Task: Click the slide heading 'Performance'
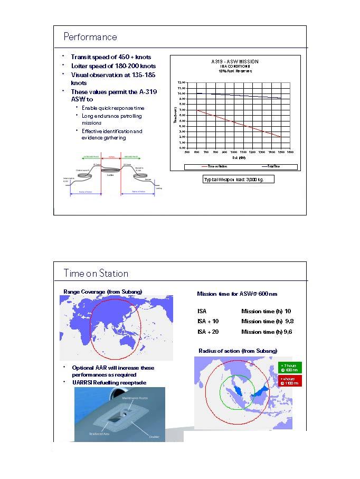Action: pyautogui.click(x=90, y=37)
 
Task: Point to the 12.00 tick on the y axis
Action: pyautogui.click(x=182, y=83)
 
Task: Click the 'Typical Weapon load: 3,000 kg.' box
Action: pyautogui.click(x=238, y=180)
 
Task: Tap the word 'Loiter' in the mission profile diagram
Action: pyautogui.click(x=111, y=174)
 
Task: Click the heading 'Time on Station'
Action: pyautogui.click(x=96, y=274)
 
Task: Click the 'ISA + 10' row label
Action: pyautogui.click(x=208, y=321)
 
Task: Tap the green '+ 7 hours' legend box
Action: pyautogui.click(x=289, y=368)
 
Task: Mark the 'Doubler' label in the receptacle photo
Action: pyautogui.click(x=154, y=436)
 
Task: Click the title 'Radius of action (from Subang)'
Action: pyautogui.click(x=238, y=351)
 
